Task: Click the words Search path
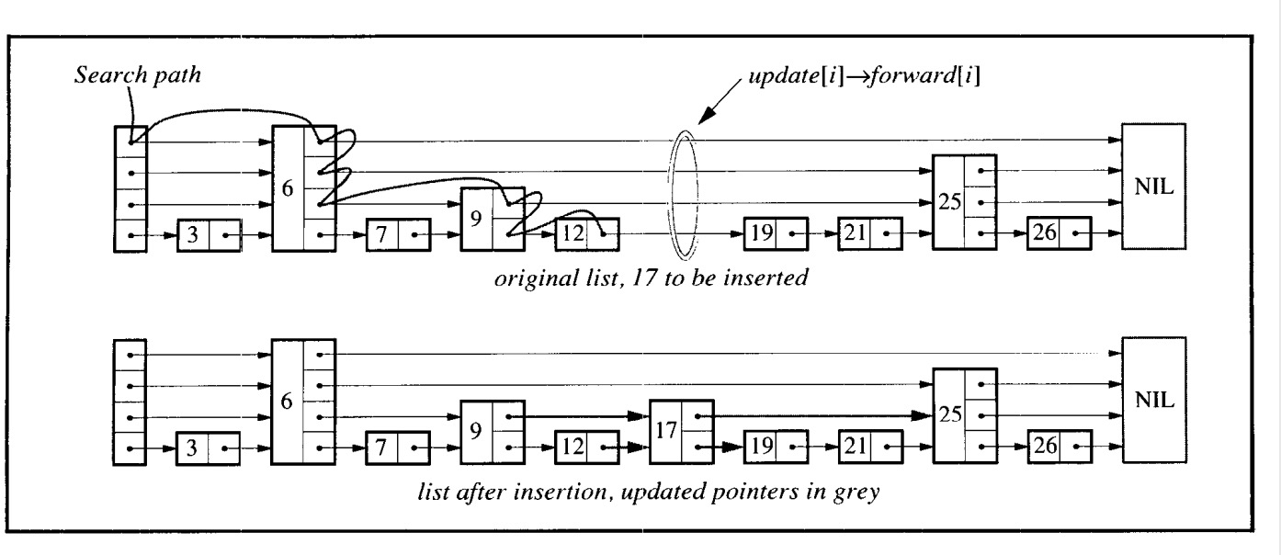138,75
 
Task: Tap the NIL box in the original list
1153,187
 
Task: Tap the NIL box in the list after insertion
1154,400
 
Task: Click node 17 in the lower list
682,432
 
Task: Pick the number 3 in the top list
193,235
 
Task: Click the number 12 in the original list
573,233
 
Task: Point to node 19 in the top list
776,233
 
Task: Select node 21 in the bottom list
871,447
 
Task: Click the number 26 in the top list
1044,232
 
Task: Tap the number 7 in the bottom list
380,447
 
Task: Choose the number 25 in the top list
950,202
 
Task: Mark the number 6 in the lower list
287,402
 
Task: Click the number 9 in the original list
476,219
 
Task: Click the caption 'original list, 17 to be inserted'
652,278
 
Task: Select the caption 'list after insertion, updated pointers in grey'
649,493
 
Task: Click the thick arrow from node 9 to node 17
579,416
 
